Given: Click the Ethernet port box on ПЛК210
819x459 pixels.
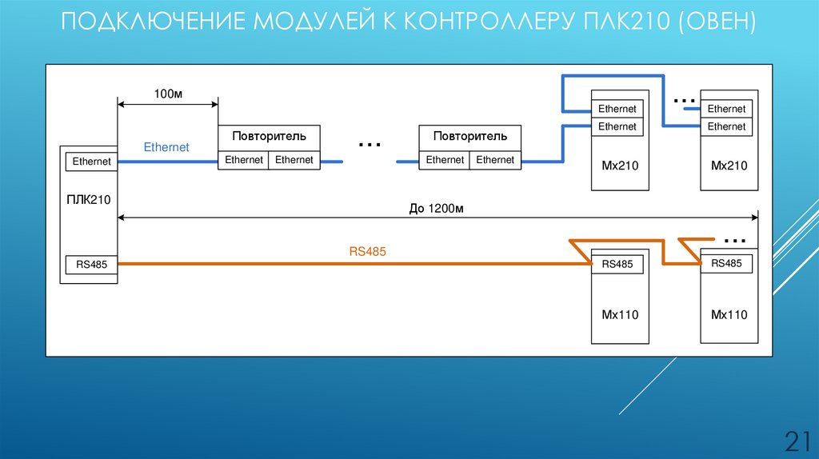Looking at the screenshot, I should (x=91, y=162).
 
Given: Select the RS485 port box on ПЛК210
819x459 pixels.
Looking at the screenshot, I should (x=91, y=263).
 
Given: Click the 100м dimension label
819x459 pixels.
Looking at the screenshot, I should (x=169, y=94).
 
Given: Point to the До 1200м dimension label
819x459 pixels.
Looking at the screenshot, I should (x=437, y=209).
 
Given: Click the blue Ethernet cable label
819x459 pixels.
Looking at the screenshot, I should (x=166, y=147).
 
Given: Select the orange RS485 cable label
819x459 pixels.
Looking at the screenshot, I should (x=368, y=251).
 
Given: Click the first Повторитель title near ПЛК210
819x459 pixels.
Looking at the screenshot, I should (x=269, y=137).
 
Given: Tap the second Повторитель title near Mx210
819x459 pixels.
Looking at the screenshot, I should (x=470, y=137).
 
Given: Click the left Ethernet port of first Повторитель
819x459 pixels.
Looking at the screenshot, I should (x=244, y=160).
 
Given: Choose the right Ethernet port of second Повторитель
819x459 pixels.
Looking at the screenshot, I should (x=495, y=160).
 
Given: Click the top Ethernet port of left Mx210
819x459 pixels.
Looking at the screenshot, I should (x=617, y=109).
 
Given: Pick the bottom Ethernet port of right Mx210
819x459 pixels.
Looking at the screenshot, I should (x=726, y=126).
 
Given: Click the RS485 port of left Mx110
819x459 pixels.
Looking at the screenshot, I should (x=617, y=264).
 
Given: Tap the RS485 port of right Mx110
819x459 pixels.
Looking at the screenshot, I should (x=726, y=263).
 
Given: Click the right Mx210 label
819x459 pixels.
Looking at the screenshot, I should (x=729, y=166).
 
